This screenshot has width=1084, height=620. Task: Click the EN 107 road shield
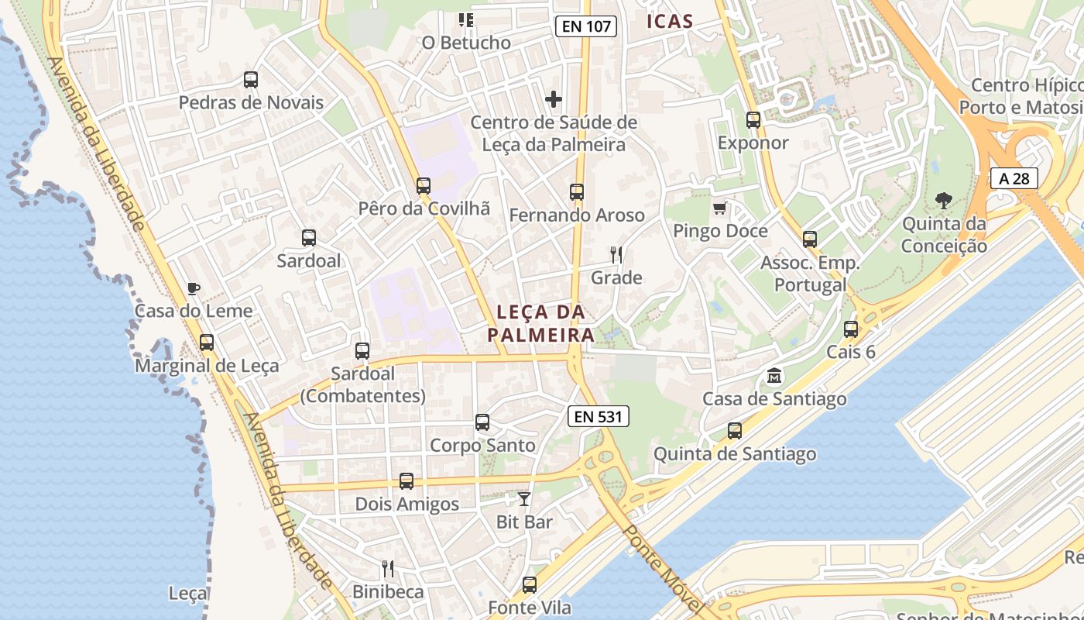[x=586, y=26]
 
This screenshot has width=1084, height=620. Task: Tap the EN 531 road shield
[x=599, y=416]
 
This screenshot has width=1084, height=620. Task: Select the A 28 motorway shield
[x=1014, y=178]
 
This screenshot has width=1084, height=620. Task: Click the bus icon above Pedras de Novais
[x=251, y=79]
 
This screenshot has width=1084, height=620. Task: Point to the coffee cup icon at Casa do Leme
[x=194, y=289]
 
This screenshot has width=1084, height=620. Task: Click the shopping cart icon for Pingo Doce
[x=720, y=208]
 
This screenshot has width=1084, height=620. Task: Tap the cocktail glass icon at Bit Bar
[x=524, y=499]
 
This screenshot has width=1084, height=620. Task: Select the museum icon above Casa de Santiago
[x=774, y=377]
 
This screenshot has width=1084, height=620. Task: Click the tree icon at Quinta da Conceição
[x=943, y=201]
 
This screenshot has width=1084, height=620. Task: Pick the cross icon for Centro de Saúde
[x=554, y=99]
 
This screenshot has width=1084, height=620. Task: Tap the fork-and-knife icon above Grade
[x=616, y=254]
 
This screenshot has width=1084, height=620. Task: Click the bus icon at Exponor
[x=753, y=120]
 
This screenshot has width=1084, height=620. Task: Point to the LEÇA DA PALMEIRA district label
[x=540, y=323]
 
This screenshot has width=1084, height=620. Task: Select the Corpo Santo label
[x=482, y=446]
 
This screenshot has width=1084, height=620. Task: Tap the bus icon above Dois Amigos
[x=406, y=481]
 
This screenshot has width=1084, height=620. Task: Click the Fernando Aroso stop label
[x=577, y=215]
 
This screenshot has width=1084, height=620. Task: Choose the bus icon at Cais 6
[x=851, y=329]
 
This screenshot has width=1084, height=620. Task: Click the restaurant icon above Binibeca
[x=388, y=569]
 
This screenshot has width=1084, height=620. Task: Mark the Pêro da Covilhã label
[x=424, y=208]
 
